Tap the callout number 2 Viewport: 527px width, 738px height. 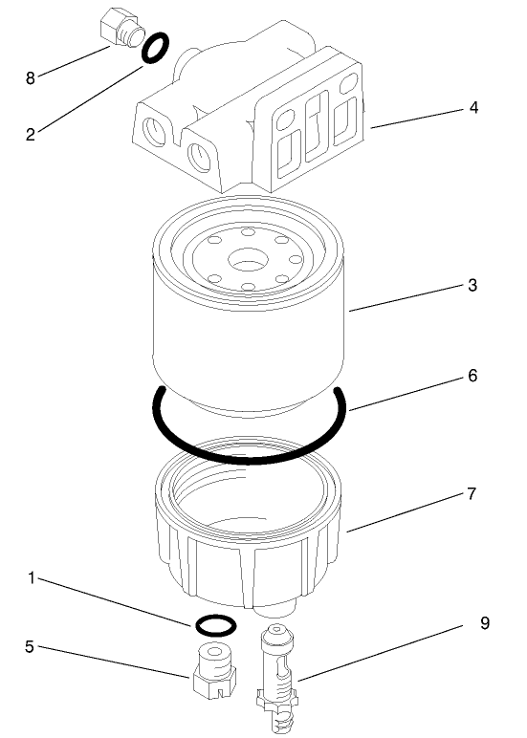pyautogui.click(x=31, y=135)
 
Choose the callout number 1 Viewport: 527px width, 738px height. pyautogui.click(x=32, y=578)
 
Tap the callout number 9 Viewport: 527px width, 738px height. pyautogui.click(x=486, y=622)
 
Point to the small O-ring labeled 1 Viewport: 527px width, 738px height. pyautogui.click(x=215, y=625)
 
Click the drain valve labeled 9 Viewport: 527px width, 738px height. pyautogui.click(x=276, y=679)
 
